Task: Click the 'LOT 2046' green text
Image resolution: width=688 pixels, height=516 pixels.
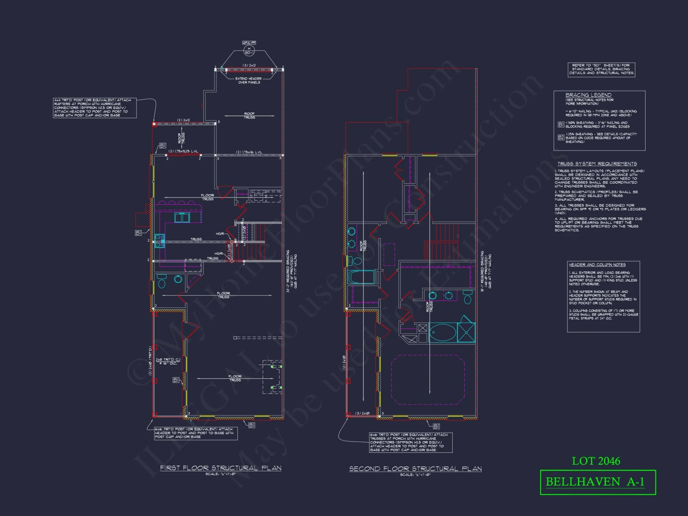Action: click(x=596, y=461)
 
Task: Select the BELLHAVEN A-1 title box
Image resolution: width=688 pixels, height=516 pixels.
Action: click(x=598, y=482)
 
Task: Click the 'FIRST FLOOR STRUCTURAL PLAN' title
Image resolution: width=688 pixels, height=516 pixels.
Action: click(x=221, y=468)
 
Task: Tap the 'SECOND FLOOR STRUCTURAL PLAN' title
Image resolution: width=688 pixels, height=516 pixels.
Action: click(x=415, y=469)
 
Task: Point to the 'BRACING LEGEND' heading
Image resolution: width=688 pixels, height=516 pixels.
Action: click(x=588, y=95)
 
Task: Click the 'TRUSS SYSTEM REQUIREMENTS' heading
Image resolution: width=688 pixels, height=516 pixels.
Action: click(x=597, y=164)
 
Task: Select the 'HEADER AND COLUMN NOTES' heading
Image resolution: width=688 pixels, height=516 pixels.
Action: click(x=597, y=265)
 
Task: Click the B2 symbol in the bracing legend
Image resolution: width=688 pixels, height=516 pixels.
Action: click(x=561, y=138)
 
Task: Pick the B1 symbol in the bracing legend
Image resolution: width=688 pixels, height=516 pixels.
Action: click(x=561, y=125)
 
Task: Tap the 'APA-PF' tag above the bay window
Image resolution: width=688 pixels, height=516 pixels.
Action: click(x=249, y=43)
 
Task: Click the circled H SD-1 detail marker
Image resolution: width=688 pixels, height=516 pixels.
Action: click(x=249, y=51)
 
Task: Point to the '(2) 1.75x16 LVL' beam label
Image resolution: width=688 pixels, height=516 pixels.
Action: click(x=249, y=152)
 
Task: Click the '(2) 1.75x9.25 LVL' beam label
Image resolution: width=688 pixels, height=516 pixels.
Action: click(x=183, y=151)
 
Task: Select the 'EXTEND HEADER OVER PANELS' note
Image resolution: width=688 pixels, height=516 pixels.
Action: click(x=248, y=80)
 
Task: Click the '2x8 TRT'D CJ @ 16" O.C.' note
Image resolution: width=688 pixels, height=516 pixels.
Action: click(x=168, y=361)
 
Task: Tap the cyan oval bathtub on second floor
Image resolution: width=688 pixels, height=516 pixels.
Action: click(x=443, y=332)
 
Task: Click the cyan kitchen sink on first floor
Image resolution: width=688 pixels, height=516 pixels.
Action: click(x=182, y=218)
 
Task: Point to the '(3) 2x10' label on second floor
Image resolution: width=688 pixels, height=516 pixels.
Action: click(x=363, y=413)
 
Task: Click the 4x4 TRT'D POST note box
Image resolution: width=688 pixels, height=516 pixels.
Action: click(x=95, y=108)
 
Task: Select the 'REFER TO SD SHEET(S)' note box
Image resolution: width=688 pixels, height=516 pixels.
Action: click(x=601, y=69)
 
